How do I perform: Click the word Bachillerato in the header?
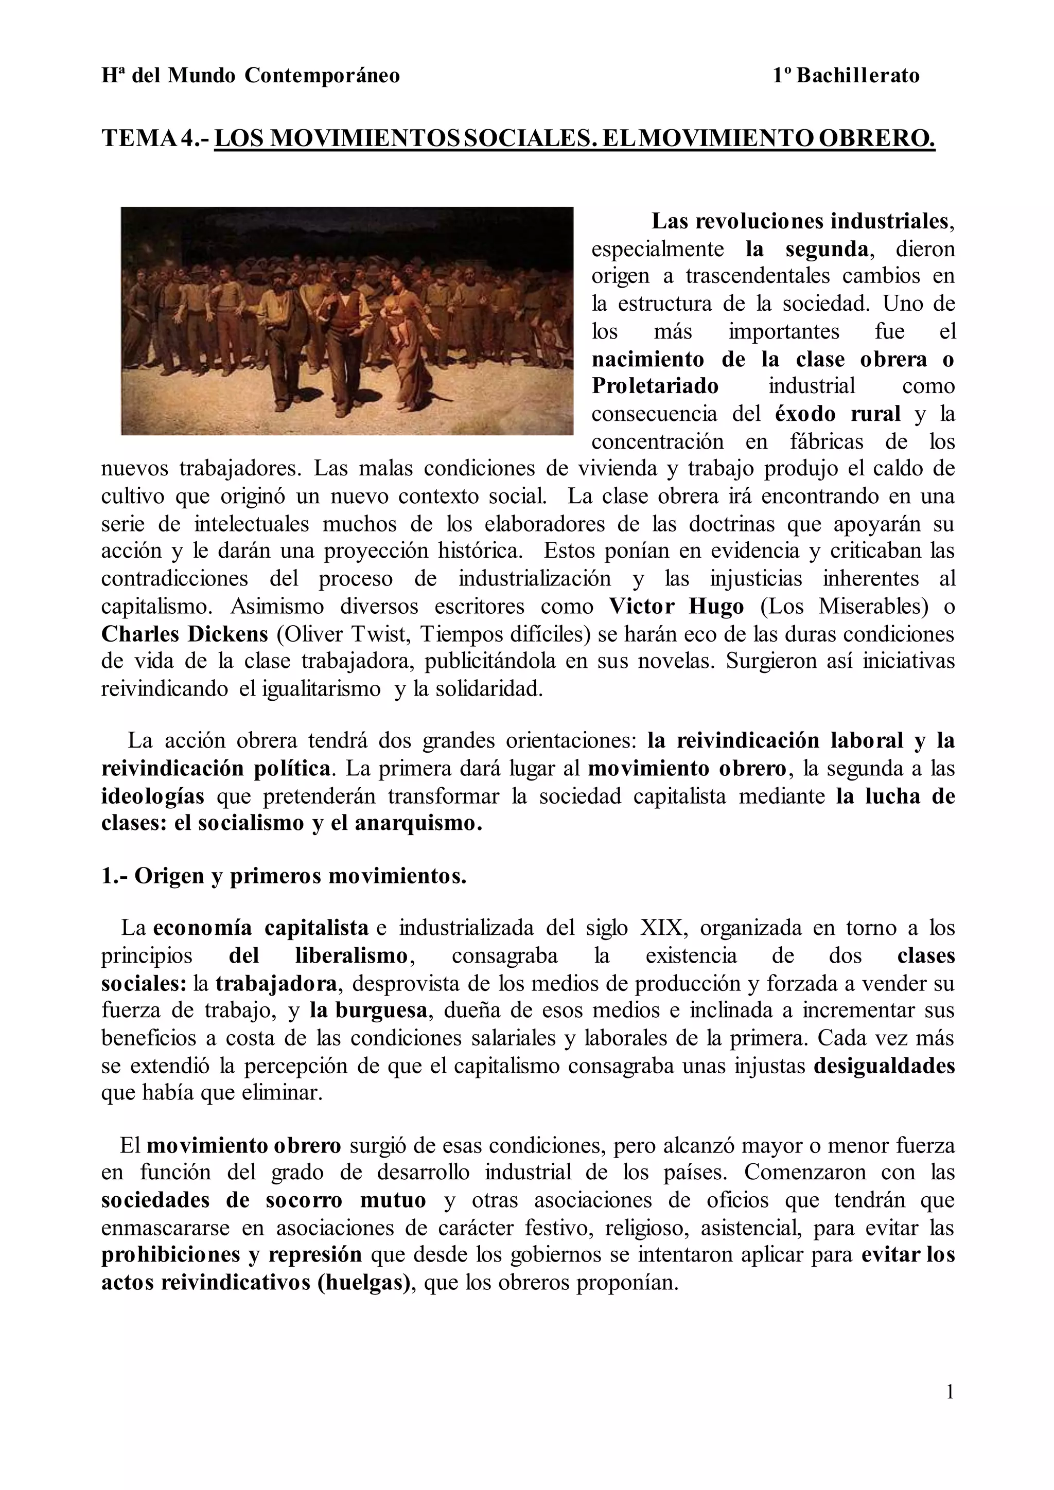(x=857, y=76)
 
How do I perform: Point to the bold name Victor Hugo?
(x=676, y=606)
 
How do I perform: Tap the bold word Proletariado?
(x=655, y=385)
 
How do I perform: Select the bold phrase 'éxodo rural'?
(x=837, y=413)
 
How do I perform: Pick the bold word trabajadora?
(x=276, y=983)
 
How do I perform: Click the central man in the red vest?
(x=349, y=325)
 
